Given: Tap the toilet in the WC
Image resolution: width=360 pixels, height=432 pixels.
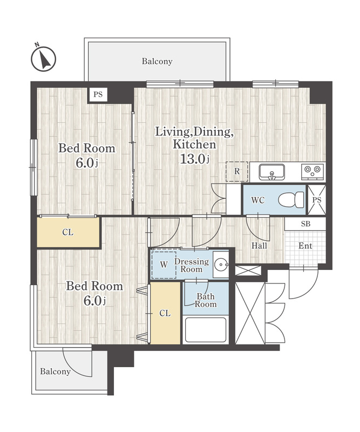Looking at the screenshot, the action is pos(291,200).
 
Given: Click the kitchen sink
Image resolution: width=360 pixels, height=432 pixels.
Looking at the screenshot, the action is pos(271,172).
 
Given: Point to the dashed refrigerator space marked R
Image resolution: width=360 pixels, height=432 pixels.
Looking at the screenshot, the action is pos(237,171).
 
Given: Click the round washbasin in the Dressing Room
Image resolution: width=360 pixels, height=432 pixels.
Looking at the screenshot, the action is pos(221,265).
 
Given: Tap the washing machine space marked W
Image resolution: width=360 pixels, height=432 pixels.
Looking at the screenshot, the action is pos(164,265).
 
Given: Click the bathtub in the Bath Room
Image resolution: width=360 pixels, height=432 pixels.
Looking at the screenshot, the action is pos(206,329).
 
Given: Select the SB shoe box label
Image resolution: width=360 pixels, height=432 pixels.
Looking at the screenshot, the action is pos(305,224).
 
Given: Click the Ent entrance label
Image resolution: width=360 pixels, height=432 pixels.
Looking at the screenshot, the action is pos(305,246).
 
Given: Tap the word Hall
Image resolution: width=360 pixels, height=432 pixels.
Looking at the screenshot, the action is pos(259,246).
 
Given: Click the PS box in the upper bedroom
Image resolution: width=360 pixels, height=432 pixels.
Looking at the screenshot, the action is pos(98,94).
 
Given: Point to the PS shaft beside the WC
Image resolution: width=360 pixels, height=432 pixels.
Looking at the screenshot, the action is pos(317,200).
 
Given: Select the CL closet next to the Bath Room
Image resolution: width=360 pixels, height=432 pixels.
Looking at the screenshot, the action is pos(165,313).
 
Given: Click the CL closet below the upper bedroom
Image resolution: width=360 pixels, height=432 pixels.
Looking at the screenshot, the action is pos(68,232).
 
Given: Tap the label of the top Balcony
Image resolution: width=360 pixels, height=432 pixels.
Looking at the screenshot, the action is pos(157,61).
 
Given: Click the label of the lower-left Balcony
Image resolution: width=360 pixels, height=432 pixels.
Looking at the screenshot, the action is pos(55,372).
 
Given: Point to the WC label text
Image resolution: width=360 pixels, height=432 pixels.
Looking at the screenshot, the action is pos(258,200).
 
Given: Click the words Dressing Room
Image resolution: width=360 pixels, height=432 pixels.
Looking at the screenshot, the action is pos(192,265).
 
